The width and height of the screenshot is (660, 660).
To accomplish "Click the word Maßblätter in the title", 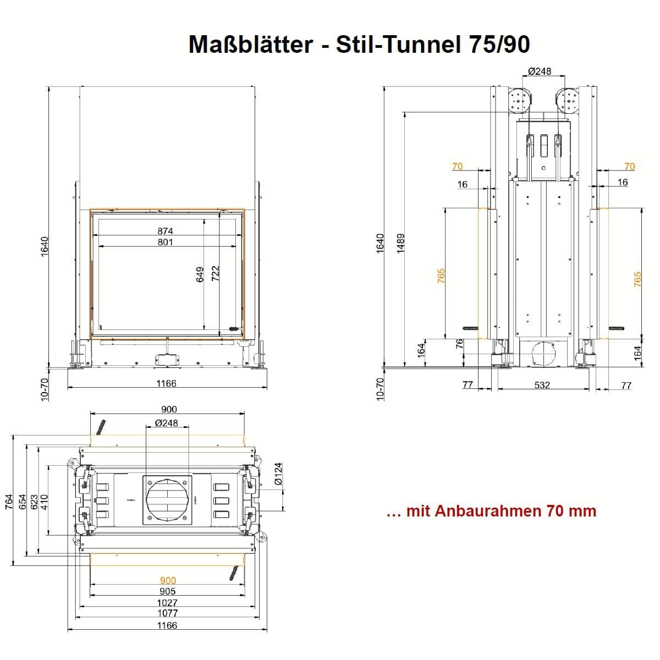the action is tap(251, 44).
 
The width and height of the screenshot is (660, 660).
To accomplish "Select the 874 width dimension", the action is tap(166, 231).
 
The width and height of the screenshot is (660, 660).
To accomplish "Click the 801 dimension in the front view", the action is tap(166, 242).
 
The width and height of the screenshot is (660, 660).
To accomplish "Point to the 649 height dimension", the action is tap(200, 274).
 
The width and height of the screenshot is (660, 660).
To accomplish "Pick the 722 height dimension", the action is tap(215, 273).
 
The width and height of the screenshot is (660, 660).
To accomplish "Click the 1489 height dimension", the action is tap(400, 244).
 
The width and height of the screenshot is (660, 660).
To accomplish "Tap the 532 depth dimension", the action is tap(542, 385).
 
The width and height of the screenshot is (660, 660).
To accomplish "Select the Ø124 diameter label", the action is tap(278, 474).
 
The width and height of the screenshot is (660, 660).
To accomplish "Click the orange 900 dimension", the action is tap(168, 581).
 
